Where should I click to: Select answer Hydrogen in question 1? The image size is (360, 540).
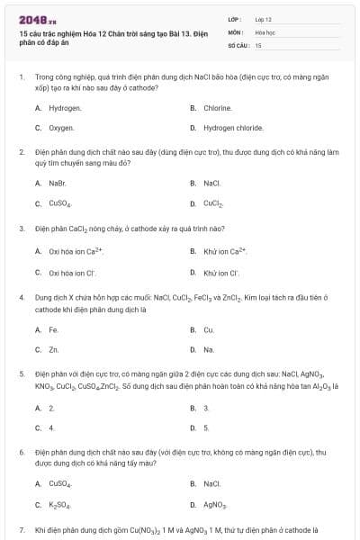coord(65,108)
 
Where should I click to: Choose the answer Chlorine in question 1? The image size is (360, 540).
coord(218,108)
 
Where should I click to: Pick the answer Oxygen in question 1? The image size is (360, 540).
coord(61,129)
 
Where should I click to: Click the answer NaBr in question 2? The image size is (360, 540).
coord(58,183)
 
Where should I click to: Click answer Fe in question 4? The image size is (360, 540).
coord(54,329)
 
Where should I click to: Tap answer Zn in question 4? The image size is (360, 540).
coord(54,349)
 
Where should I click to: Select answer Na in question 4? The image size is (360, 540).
coord(209,349)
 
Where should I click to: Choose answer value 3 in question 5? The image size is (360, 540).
coord(206,408)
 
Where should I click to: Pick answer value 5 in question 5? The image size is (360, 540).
coord(206,427)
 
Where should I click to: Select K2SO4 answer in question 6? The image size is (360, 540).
coord(61,505)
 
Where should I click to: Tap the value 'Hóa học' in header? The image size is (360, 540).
coord(265,31)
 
